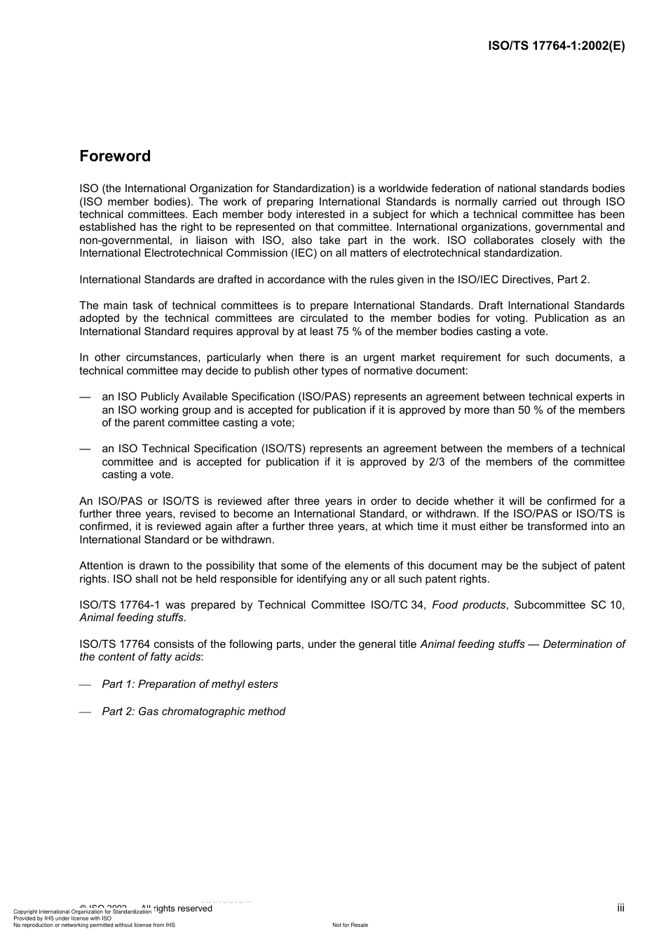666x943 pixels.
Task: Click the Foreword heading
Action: [x=115, y=156]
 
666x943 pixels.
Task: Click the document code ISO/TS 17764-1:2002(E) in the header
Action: [x=556, y=46]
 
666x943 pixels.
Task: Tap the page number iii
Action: [x=620, y=908]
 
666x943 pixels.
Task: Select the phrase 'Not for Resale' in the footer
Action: [x=350, y=925]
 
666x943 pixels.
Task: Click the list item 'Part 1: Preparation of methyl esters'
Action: [x=189, y=684]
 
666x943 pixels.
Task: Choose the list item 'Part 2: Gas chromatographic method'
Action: [x=193, y=712]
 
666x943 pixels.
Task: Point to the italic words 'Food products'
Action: [x=468, y=605]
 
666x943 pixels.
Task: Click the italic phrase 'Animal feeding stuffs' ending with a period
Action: [x=132, y=618]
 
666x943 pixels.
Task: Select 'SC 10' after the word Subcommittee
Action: [x=607, y=605]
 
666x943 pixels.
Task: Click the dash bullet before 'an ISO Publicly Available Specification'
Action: [x=86, y=397]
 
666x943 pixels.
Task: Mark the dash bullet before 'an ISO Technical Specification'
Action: [x=86, y=449]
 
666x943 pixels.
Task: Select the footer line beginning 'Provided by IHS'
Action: [x=62, y=918]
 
